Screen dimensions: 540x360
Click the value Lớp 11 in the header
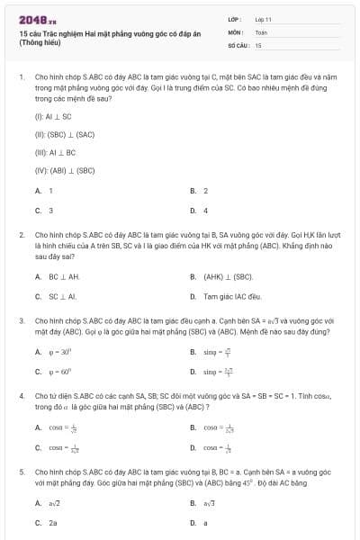point(264,19)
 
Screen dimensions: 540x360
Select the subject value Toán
point(261,31)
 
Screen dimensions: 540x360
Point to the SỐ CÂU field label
point(237,44)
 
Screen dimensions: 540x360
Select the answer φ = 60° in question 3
point(59,371)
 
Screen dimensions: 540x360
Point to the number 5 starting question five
point(21,471)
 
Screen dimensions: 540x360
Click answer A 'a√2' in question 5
point(54,503)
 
